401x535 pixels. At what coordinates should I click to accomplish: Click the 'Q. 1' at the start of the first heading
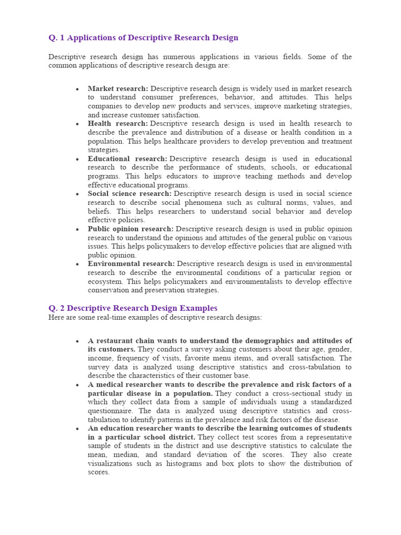56,38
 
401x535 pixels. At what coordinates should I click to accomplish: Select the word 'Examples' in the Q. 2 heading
199,308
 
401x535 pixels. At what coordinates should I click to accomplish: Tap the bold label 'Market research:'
118,89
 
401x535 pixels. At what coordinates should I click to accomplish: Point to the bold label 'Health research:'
118,124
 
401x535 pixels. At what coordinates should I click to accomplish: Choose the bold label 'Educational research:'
127,159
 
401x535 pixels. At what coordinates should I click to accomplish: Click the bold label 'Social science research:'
129,194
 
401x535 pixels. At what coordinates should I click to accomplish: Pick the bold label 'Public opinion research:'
131,229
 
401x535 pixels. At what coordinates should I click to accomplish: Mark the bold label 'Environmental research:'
131,264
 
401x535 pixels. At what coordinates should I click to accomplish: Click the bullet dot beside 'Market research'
77,89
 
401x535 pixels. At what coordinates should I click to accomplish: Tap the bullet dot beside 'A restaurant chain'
77,341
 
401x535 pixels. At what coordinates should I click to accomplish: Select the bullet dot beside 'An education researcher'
77,428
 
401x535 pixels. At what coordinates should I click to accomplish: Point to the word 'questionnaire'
111,411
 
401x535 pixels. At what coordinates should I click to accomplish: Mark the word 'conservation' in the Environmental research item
109,290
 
